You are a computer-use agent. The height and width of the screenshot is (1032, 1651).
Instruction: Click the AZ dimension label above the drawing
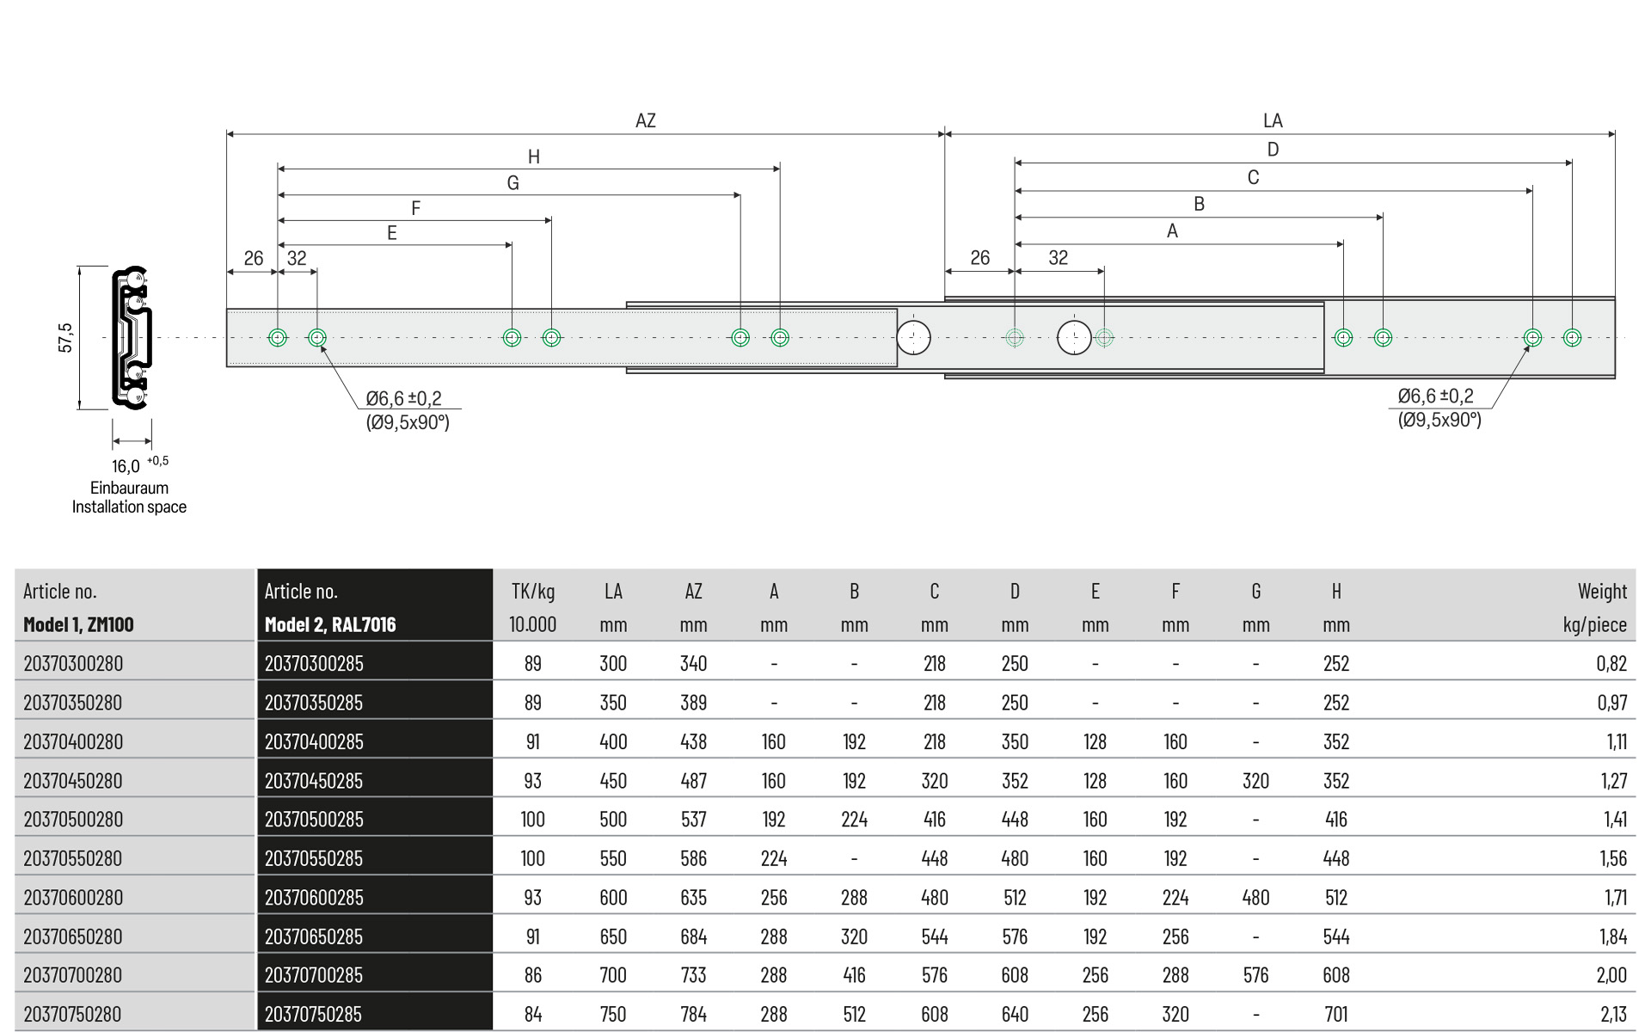(645, 121)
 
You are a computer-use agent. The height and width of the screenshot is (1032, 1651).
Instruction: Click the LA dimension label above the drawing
(1273, 121)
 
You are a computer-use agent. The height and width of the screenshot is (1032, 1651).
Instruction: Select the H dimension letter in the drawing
(534, 157)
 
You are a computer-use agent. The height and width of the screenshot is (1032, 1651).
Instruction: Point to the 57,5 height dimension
(65, 337)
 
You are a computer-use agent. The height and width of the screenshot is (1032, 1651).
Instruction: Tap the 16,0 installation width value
(126, 466)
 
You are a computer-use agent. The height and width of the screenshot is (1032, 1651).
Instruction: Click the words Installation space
(129, 507)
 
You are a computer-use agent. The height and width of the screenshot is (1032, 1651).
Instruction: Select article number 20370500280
(73, 820)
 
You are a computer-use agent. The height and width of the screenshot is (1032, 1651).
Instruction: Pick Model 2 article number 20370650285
(314, 937)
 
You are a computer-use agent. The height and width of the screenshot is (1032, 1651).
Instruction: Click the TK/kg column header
(533, 592)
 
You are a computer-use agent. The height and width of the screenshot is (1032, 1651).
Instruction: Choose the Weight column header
(1601, 592)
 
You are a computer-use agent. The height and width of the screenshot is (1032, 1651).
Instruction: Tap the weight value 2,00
(1611, 975)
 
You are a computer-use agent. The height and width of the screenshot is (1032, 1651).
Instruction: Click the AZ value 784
(693, 1015)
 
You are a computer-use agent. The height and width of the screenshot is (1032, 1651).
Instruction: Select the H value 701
(1335, 1015)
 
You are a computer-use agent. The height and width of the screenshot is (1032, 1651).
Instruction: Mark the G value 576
(1255, 975)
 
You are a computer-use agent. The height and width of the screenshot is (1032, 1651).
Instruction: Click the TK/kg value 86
(533, 975)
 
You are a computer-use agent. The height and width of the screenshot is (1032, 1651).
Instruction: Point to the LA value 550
(613, 858)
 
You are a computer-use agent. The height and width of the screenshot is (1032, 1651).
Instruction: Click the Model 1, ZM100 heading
(78, 625)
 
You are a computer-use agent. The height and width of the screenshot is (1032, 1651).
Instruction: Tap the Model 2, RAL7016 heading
(330, 625)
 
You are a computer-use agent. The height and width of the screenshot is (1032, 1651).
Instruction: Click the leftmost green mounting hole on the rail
(278, 337)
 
